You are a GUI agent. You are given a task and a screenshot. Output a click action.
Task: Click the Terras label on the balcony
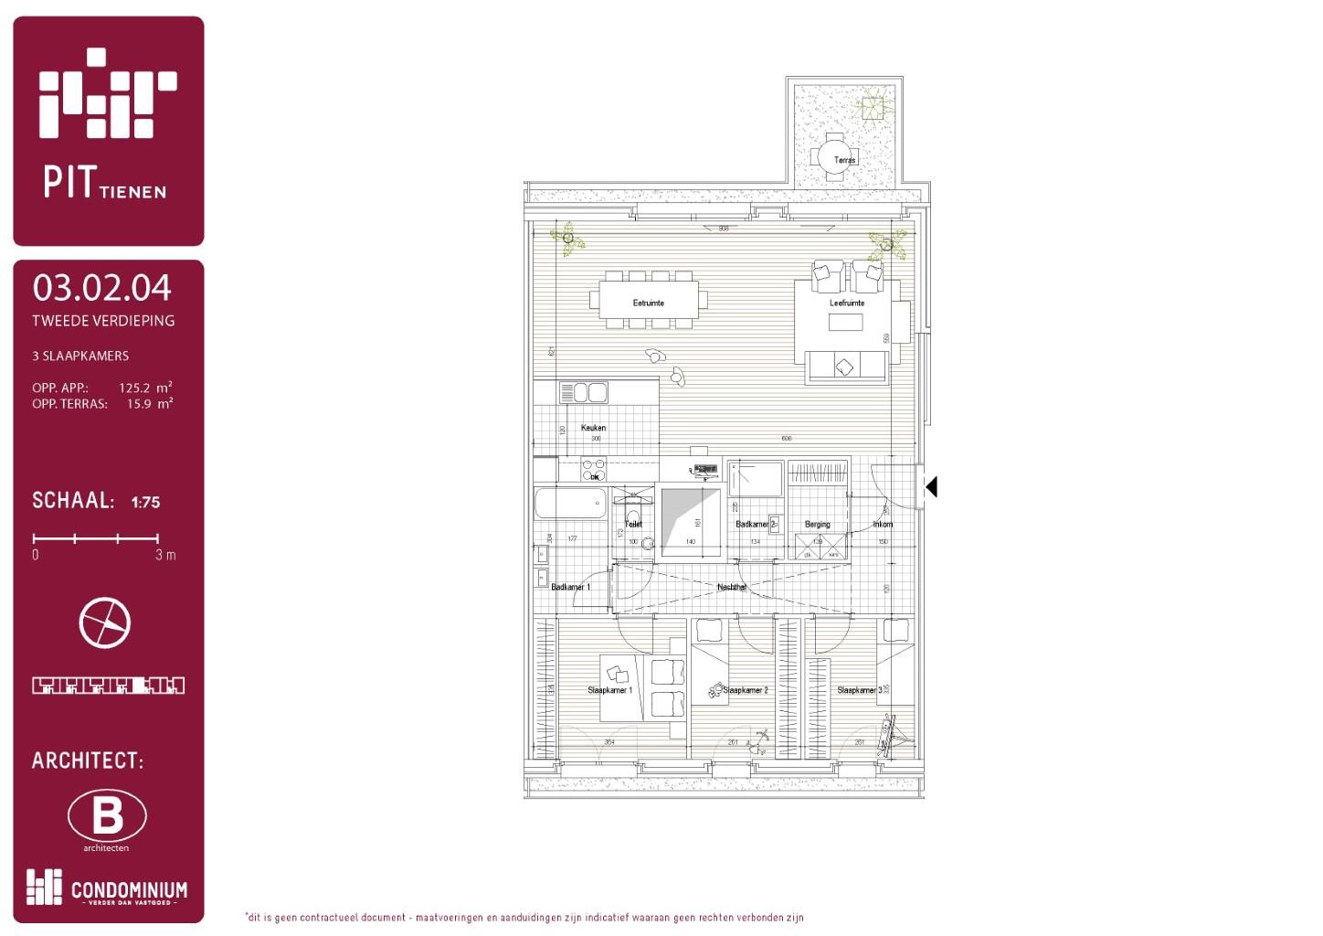pos(845,160)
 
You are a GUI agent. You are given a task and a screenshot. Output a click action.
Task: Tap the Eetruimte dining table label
pos(648,303)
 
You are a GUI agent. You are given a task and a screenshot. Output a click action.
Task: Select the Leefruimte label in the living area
pos(846,303)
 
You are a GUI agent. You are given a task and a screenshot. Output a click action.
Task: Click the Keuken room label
pos(593,428)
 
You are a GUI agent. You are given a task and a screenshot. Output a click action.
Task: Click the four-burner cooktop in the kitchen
pos(594,470)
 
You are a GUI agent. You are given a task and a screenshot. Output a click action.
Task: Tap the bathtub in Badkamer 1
pos(570,504)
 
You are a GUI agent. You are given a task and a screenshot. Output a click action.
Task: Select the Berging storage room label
pos(817,525)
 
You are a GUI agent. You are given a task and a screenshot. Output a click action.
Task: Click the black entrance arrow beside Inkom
pos(931,487)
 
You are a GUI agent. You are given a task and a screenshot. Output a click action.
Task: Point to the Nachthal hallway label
pos(732,587)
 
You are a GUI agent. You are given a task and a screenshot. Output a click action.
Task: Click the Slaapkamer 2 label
pos(746,690)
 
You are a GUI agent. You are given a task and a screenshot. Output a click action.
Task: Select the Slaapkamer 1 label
pos(609,690)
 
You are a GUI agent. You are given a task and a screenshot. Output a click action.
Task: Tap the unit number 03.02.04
pos(101,288)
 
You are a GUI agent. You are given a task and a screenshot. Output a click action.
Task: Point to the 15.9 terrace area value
pos(139,403)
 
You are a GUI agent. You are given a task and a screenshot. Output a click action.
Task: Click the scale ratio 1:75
pos(145,502)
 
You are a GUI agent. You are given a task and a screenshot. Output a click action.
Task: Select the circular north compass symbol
pos(105,623)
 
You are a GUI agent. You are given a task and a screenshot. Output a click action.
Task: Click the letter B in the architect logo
pos(107,815)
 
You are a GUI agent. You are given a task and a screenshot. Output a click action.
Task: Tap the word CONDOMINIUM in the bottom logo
pos(129,889)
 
